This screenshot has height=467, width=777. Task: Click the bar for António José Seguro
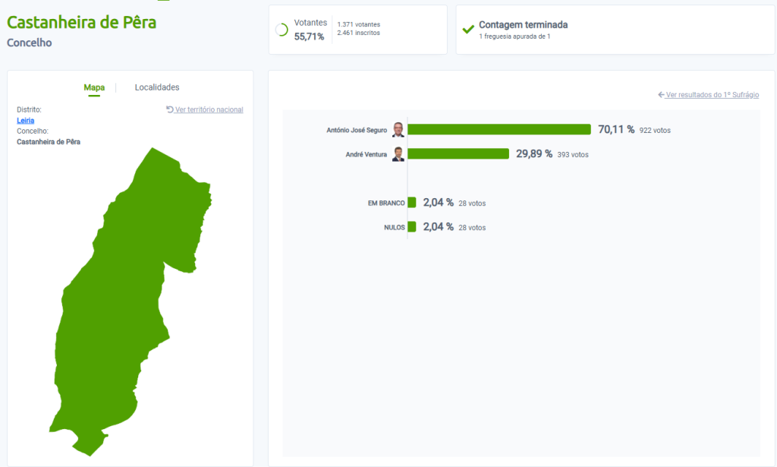(x=499, y=130)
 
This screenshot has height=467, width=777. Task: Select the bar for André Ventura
(x=458, y=154)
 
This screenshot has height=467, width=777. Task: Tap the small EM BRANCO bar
(x=412, y=203)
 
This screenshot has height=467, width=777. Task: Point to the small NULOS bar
(x=412, y=227)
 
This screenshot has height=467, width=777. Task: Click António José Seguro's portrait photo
(x=398, y=130)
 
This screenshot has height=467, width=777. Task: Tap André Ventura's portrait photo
(x=398, y=154)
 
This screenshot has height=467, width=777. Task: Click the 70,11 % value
(x=616, y=130)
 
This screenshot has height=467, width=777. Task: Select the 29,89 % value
(x=534, y=154)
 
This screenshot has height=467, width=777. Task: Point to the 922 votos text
(x=655, y=131)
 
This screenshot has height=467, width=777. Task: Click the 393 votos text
(x=573, y=155)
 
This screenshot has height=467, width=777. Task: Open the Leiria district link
(x=26, y=120)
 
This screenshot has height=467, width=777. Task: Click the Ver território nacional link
(x=205, y=109)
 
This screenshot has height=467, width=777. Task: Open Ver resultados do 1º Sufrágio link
(x=709, y=95)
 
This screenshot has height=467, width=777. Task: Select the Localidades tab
(x=157, y=87)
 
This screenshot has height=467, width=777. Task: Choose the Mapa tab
(x=94, y=87)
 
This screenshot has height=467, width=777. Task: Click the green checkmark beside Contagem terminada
(x=468, y=30)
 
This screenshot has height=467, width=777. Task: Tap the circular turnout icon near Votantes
(x=282, y=30)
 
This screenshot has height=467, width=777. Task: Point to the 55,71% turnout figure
(x=309, y=36)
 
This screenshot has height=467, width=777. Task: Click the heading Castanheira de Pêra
(x=81, y=22)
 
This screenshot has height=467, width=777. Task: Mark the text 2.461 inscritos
(x=359, y=33)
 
